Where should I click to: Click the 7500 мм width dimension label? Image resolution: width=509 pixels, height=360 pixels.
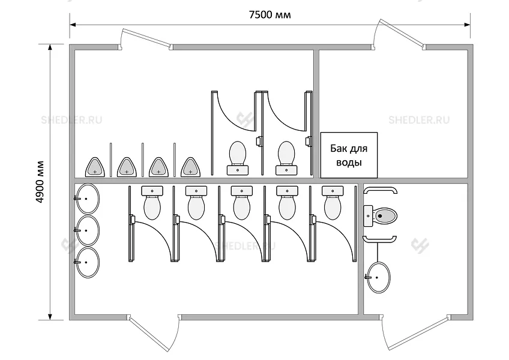270,15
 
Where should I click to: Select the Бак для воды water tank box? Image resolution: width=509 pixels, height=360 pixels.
348,155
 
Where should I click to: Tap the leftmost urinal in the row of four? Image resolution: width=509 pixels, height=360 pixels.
95,166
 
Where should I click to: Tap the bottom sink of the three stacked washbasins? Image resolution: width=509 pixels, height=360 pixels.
88,260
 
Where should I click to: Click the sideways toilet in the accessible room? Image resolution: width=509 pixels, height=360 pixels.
382,214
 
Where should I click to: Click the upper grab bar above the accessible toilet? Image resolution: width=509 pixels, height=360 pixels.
379,190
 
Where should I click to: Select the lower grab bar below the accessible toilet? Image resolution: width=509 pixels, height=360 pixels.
379,238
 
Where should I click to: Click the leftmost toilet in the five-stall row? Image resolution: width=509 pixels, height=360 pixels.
151,202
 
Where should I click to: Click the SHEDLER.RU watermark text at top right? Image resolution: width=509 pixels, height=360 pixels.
419,119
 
